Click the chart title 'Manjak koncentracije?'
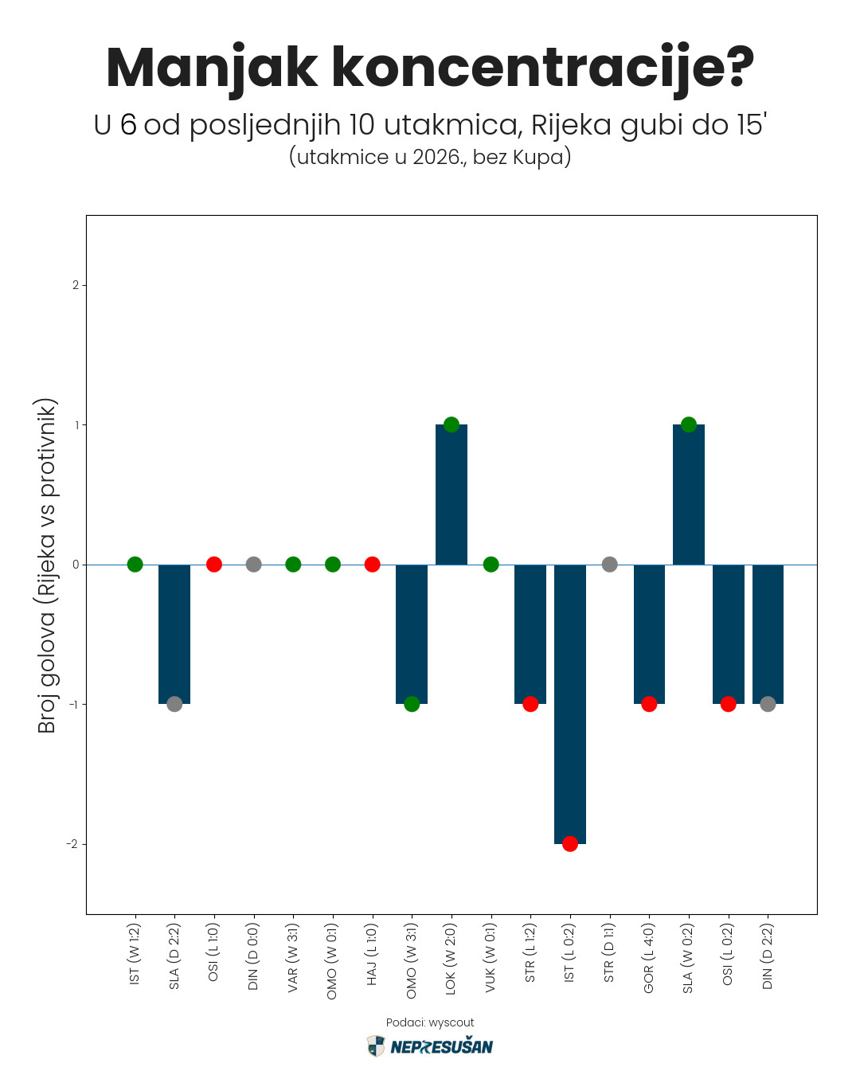click(430, 68)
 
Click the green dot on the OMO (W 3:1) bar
click(412, 704)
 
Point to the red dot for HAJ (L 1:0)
click(372, 565)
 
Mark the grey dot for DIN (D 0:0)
click(253, 565)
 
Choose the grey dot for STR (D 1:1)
click(609, 565)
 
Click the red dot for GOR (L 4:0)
click(649, 704)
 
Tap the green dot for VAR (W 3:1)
click(293, 565)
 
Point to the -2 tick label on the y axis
click(72, 844)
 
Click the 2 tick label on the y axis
click(76, 285)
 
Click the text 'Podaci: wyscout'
click(430, 1022)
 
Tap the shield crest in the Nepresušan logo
click(376, 1046)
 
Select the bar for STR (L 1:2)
click(530, 634)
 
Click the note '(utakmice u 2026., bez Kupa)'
click(430, 156)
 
